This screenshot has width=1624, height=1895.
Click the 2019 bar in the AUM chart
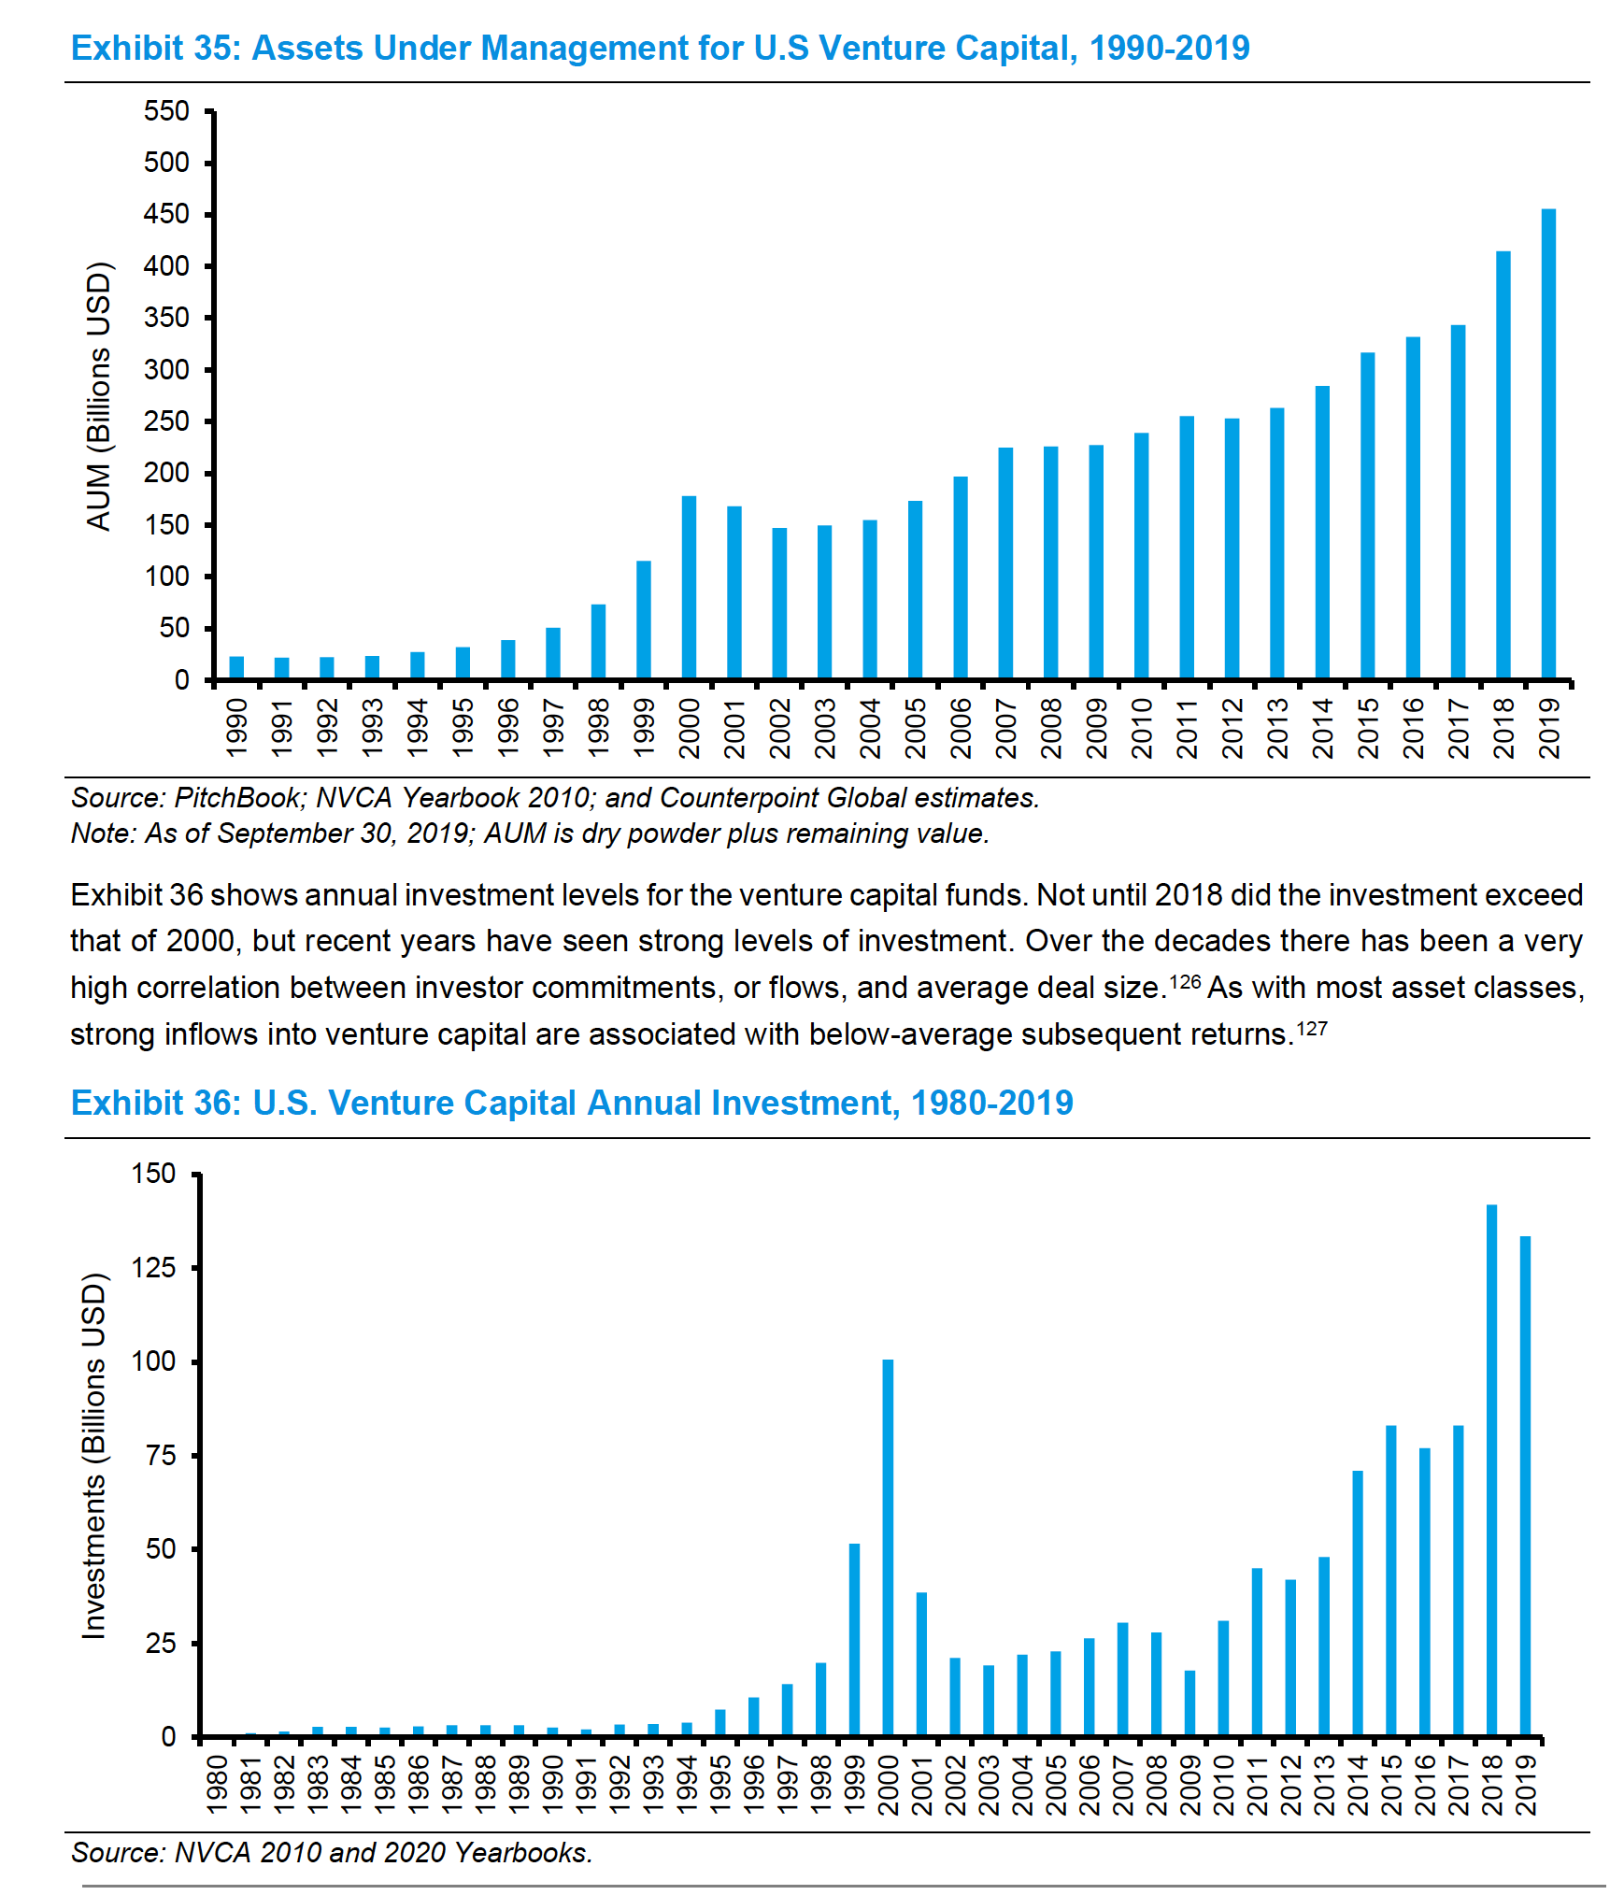point(1548,444)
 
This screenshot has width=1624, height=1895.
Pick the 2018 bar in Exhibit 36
point(1491,1471)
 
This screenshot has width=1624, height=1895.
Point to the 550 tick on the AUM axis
point(166,112)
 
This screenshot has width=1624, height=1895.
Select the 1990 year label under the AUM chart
point(237,728)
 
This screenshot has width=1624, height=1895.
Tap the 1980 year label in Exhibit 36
point(217,1784)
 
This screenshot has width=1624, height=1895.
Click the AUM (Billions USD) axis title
point(98,397)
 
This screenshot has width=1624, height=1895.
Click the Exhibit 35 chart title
point(660,48)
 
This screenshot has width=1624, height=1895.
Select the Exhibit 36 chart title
point(572,1103)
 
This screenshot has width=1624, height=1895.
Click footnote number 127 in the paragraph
point(1312,1029)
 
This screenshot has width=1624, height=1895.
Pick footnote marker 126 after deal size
point(1185,981)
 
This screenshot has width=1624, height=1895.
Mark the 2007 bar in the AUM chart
point(1005,563)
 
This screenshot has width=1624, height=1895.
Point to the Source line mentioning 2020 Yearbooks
point(332,1852)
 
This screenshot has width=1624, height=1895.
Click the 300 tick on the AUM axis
point(166,370)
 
